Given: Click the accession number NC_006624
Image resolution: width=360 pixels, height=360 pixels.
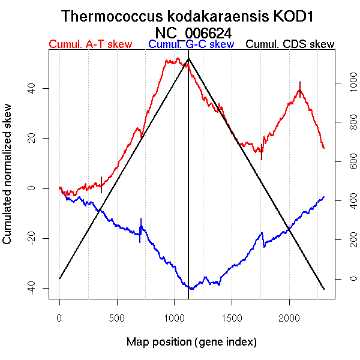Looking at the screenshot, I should pyautogui.click(x=193, y=32).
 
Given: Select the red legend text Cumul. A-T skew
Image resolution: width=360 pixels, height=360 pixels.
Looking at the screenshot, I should pyautogui.click(x=90, y=44).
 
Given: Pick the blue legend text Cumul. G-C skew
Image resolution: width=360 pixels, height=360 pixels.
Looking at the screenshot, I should pyautogui.click(x=191, y=44).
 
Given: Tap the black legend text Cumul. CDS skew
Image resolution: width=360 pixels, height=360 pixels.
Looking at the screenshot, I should pyautogui.click(x=290, y=44).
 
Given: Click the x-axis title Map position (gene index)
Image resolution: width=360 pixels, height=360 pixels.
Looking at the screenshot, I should pyautogui.click(x=191, y=342).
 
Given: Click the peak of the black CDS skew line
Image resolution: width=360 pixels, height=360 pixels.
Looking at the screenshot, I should pyautogui.click(x=188, y=58).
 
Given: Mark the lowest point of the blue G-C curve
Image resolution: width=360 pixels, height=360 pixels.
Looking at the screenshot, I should pyautogui.click(x=191, y=289).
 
